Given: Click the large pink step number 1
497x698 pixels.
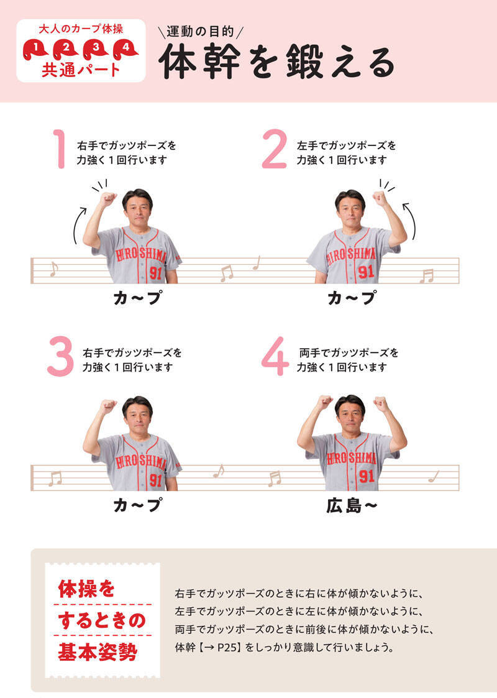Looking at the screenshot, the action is (60, 149).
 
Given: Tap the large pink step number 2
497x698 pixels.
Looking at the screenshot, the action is (274, 149).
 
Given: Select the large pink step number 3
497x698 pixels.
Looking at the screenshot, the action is (60, 357).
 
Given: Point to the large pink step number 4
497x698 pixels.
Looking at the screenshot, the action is (275, 357).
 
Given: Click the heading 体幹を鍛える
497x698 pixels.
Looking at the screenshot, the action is (276, 62).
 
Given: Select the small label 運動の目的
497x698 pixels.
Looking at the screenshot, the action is (200, 32).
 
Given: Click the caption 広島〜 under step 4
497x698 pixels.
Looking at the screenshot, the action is (352, 506).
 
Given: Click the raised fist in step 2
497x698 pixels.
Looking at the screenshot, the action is (381, 198).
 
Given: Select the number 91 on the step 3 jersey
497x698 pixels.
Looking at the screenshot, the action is (155, 480).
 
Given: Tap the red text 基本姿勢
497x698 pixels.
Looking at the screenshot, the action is (98, 652).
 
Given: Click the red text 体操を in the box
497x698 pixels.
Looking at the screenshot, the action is (86, 589).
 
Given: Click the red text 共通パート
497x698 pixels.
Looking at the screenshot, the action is (81, 70).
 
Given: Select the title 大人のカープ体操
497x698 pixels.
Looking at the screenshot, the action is (81, 29).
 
